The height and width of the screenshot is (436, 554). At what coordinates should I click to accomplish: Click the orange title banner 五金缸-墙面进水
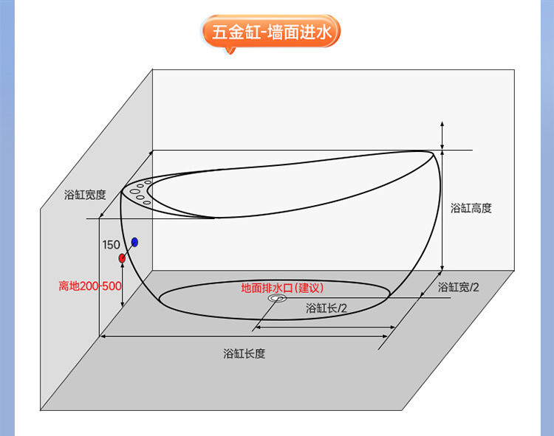pyautogui.click(x=270, y=33)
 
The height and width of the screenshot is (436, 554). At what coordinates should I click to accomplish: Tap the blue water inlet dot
pyautogui.click(x=134, y=242)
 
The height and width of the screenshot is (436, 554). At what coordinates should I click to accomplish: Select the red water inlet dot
pyautogui.click(x=122, y=258)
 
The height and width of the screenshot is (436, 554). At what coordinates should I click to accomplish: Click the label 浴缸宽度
pyautogui.click(x=85, y=195)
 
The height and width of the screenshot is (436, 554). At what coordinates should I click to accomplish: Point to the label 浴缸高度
pyautogui.click(x=471, y=209)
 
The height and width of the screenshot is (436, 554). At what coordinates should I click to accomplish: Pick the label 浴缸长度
pyautogui.click(x=244, y=353)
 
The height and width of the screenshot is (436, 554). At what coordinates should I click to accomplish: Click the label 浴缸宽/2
pyautogui.click(x=459, y=287)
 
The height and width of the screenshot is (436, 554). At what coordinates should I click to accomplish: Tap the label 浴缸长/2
pyautogui.click(x=326, y=308)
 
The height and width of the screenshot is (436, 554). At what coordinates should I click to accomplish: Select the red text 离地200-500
pyautogui.click(x=90, y=286)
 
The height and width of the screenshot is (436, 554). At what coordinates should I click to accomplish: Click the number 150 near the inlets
pyautogui.click(x=111, y=244)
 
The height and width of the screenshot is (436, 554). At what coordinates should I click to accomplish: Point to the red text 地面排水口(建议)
pyautogui.click(x=283, y=288)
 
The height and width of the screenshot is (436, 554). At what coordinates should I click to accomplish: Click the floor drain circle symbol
pyautogui.click(x=278, y=300)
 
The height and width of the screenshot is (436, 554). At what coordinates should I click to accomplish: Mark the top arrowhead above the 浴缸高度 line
pyautogui.click(x=442, y=124)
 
